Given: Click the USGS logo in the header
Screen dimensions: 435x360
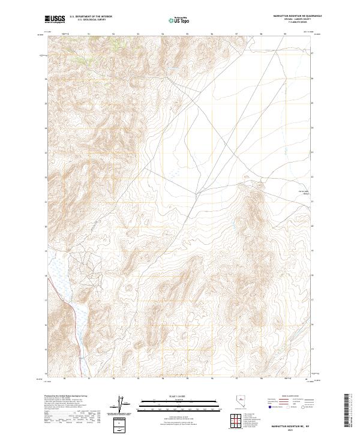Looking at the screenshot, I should point(55,19).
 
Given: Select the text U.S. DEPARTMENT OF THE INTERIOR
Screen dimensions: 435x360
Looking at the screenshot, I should point(91,17).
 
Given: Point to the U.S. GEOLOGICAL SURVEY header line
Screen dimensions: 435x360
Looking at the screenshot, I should point(91,20).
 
